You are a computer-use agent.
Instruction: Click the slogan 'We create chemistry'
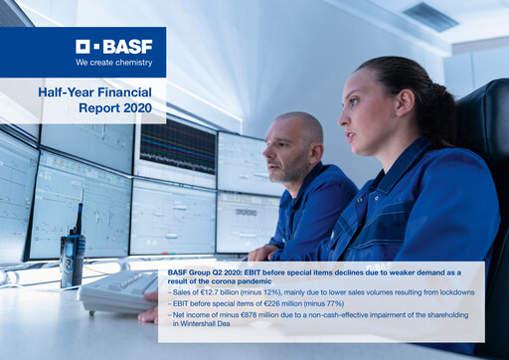[114, 62]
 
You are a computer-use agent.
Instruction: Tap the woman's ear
[404, 112]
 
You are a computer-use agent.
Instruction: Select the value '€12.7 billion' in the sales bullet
[218, 292]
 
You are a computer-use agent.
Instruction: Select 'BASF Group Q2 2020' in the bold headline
[206, 270]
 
